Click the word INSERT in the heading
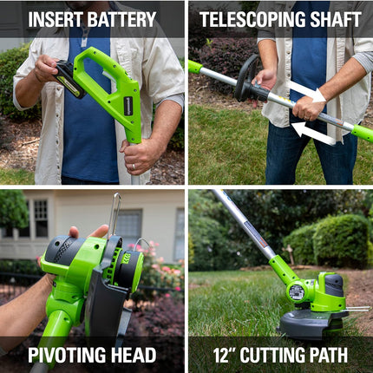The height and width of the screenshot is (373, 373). pyautogui.click(x=55, y=19)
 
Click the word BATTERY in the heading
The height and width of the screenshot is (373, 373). pyautogui.click(x=121, y=19)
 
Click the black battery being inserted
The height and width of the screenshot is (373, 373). pyautogui.click(x=69, y=79)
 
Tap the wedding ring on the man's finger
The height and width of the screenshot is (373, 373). pyautogui.click(x=134, y=167)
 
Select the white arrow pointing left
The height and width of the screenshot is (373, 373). pyautogui.click(x=313, y=133)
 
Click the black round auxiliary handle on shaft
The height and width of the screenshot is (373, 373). pyautogui.click(x=246, y=79)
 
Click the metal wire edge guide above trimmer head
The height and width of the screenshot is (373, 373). pyautogui.click(x=115, y=213)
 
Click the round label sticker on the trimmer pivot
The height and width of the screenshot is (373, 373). pyautogui.click(x=296, y=292)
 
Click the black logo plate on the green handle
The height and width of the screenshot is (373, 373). pyautogui.click(x=128, y=106)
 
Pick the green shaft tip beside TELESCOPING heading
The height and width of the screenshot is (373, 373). pyautogui.click(x=195, y=67)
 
